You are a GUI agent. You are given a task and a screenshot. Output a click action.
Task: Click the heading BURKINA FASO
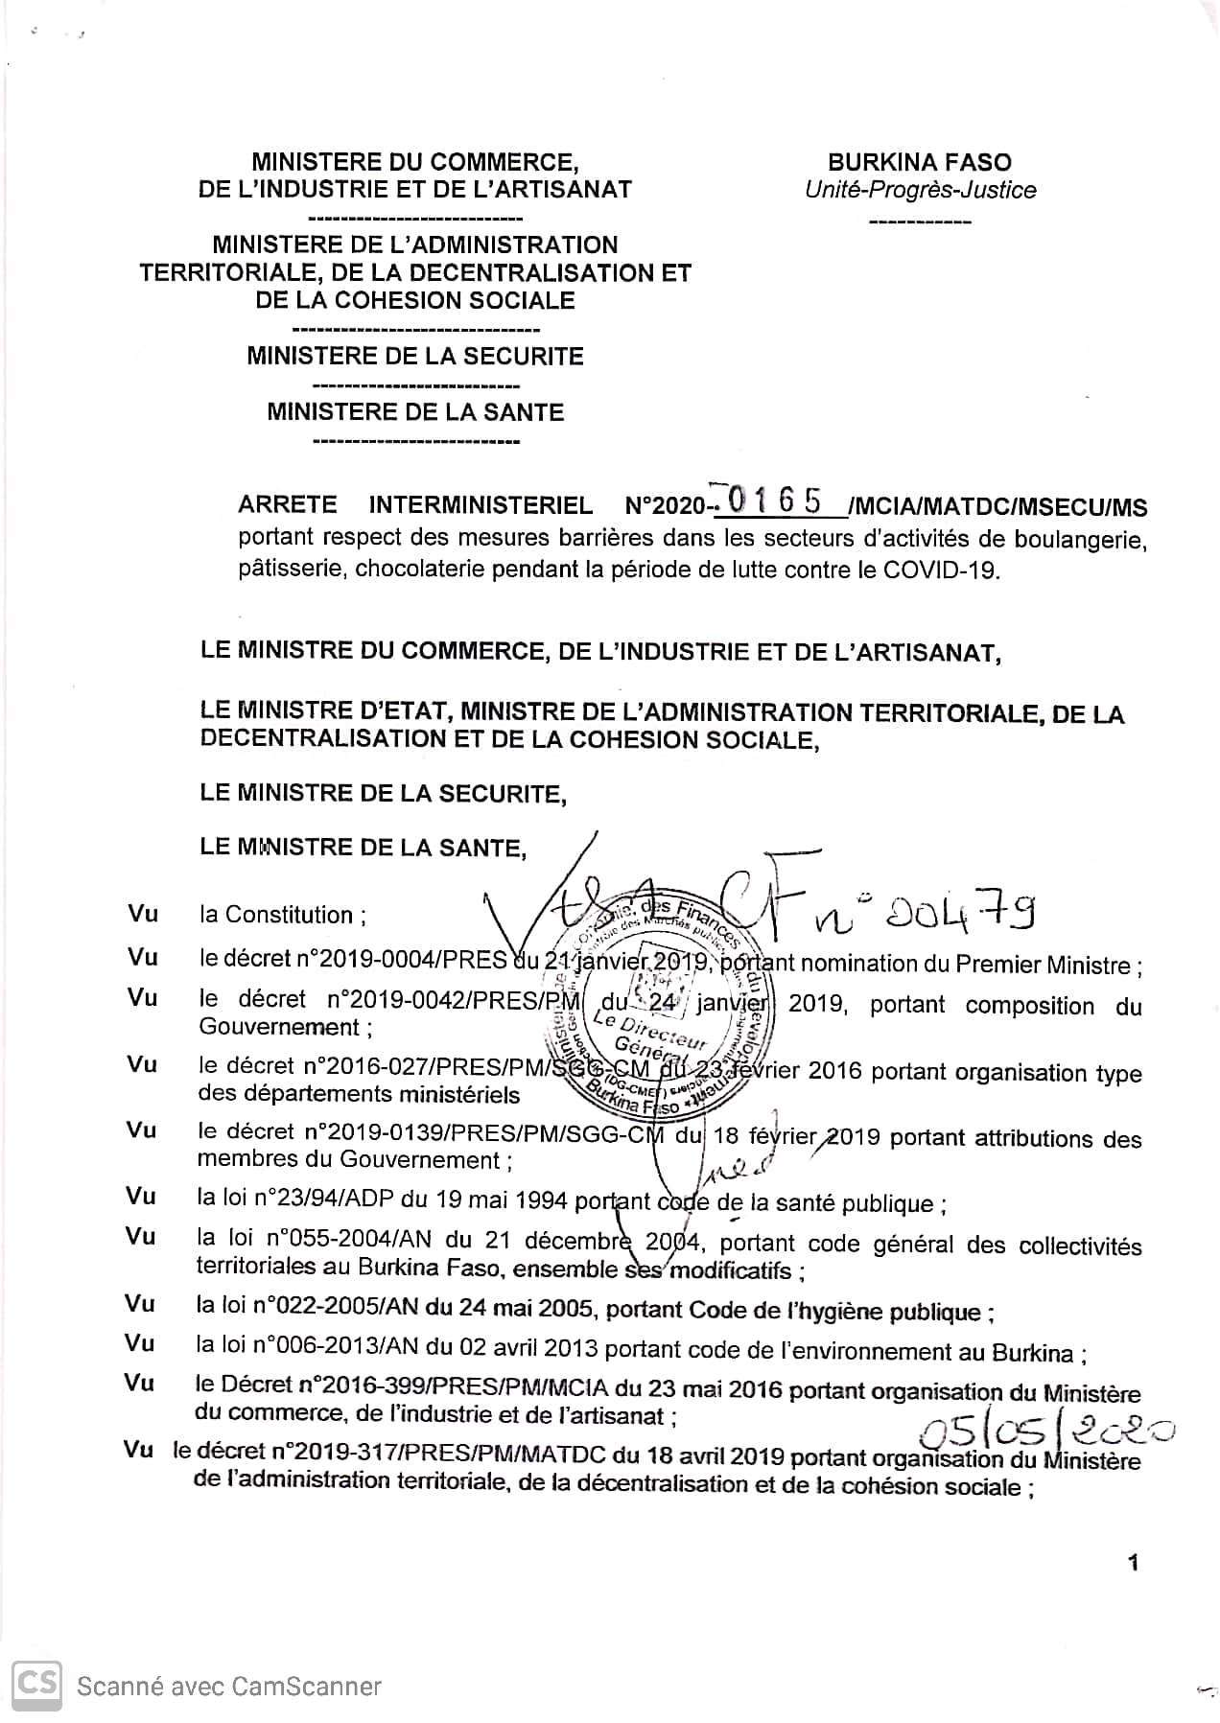click(x=920, y=162)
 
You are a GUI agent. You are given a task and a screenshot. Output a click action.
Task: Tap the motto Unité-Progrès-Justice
click(x=920, y=190)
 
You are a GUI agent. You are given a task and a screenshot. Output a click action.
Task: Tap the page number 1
click(x=1134, y=1563)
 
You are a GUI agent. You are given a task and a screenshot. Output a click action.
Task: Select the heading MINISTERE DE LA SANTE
click(x=415, y=412)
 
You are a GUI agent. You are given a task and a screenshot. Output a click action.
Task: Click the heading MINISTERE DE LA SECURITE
click(x=415, y=357)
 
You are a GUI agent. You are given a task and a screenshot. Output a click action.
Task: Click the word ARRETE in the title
click(x=287, y=505)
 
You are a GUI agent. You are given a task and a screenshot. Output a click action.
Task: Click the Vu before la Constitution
click(x=143, y=914)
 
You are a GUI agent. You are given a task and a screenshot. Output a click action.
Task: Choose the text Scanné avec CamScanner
click(x=229, y=1687)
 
